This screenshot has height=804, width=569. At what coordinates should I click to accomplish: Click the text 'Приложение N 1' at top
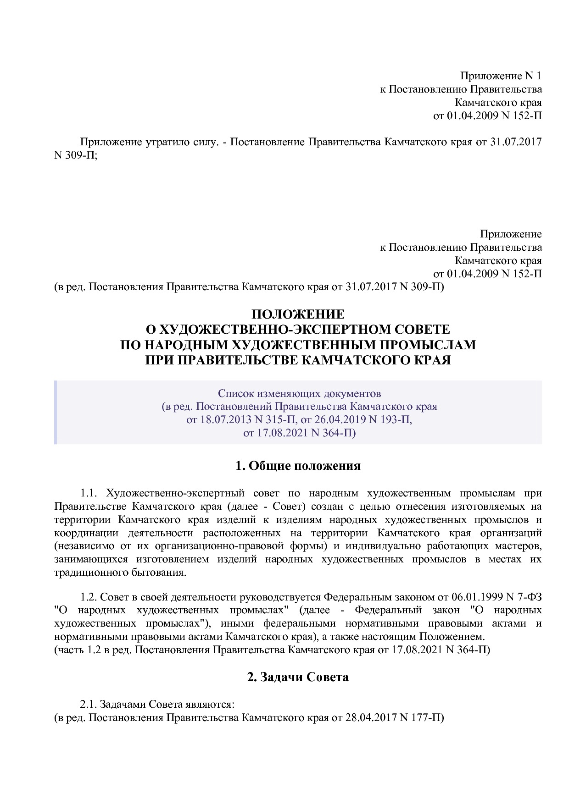(501, 76)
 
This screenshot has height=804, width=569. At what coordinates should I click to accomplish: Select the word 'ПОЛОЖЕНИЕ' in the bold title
(298, 314)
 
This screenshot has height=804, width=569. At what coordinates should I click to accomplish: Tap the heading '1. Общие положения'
(298, 466)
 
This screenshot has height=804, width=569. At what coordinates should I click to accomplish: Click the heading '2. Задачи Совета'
(298, 677)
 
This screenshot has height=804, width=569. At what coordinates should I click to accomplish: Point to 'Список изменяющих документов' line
(299, 393)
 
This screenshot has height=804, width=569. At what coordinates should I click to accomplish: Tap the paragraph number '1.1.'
(90, 494)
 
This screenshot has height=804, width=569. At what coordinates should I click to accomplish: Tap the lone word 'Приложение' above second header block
(511, 234)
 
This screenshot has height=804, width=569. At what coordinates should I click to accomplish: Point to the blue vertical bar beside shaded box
(56, 412)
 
